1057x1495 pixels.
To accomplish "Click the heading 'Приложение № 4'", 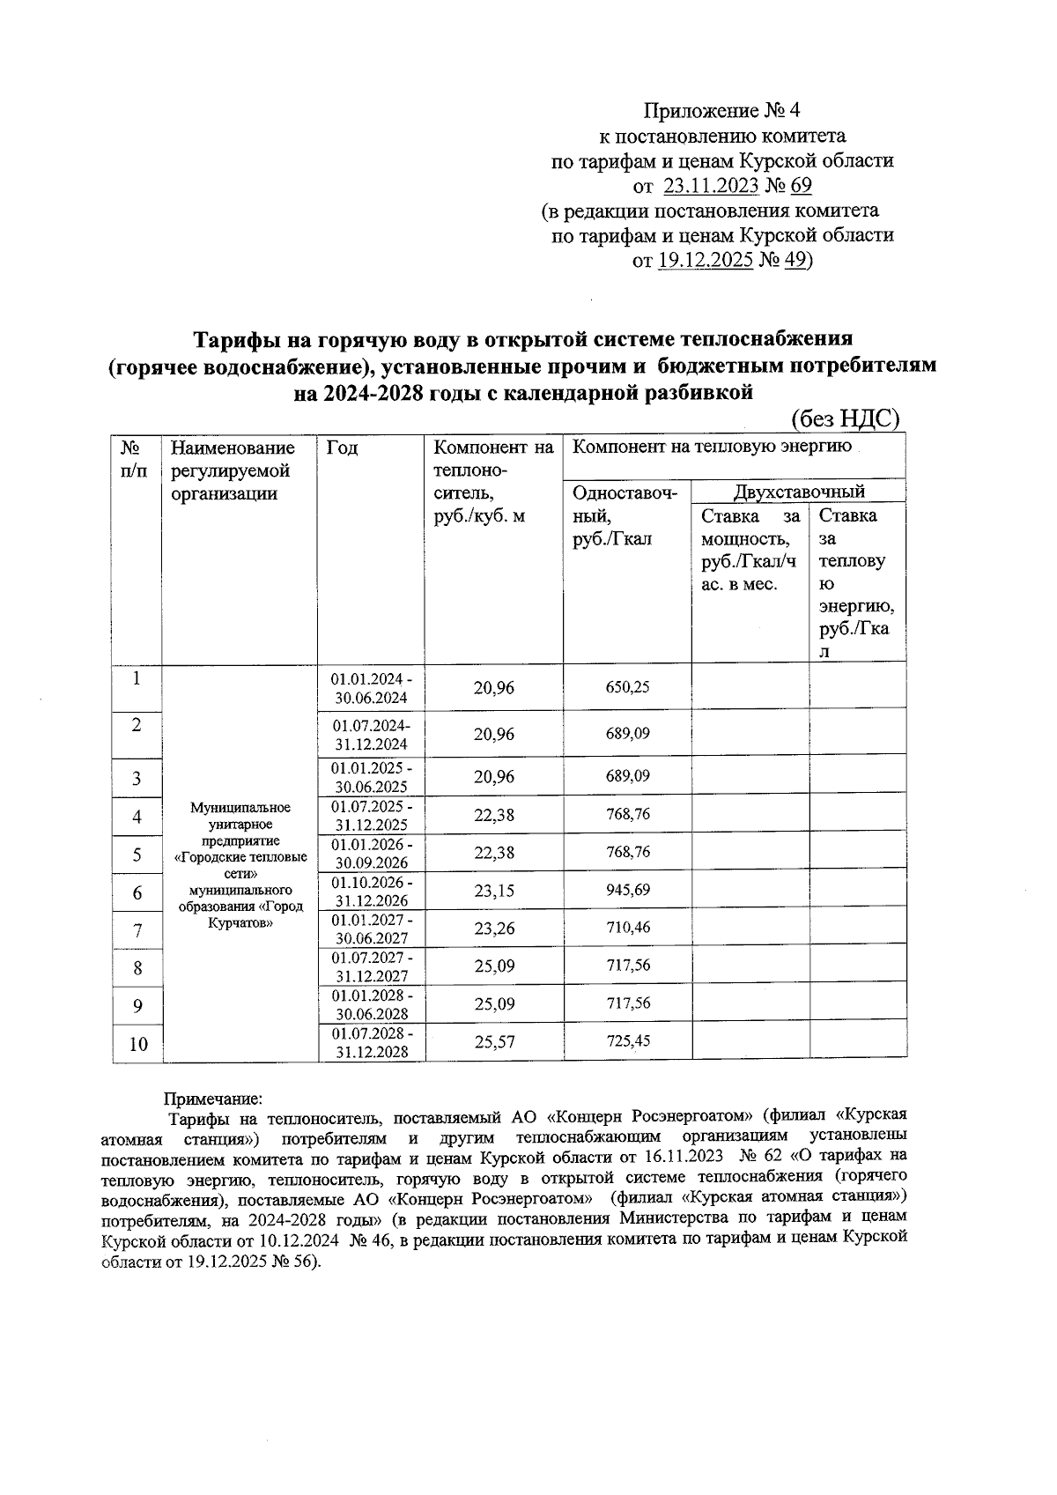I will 721,111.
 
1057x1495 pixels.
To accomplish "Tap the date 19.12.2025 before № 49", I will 705,261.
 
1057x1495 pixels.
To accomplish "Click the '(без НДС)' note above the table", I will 845,418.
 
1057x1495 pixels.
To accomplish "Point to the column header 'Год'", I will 342,448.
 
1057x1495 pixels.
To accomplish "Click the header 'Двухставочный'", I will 799,492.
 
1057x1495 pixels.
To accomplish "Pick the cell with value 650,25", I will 627,687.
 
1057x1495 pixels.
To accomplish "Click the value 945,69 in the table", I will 627,891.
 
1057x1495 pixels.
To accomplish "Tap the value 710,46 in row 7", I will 627,928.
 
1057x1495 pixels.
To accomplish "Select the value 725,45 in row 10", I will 627,1041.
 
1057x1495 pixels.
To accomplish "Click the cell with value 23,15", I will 493,892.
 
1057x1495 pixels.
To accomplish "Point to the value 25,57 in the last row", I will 494,1043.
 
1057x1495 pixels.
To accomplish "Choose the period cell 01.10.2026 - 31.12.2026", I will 370,892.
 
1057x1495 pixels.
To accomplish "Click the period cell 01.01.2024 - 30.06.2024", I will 370,688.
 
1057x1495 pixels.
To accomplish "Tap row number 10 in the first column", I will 137,1045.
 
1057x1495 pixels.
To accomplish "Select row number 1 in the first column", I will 136,678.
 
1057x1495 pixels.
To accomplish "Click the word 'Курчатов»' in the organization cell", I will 240,922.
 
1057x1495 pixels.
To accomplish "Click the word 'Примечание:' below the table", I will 212,1099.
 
